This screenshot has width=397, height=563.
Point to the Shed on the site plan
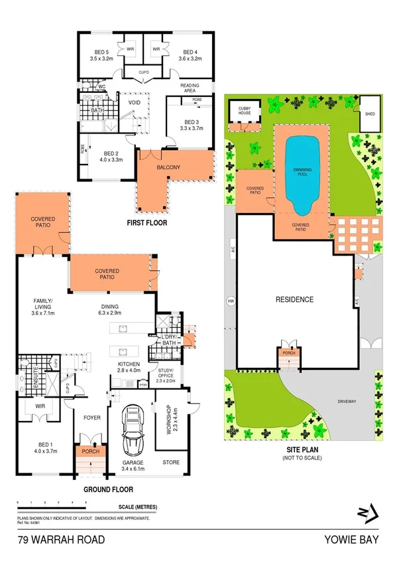pos(369,114)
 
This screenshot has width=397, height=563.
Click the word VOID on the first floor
pos(134,103)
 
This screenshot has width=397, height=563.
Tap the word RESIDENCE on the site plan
pos(294,299)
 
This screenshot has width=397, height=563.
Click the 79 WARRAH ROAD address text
pos(61,540)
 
